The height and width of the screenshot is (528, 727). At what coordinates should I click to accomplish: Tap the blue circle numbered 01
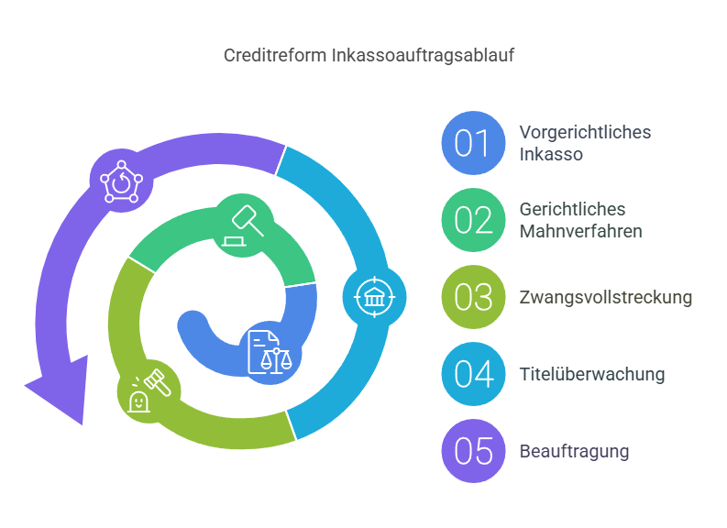pos(473,143)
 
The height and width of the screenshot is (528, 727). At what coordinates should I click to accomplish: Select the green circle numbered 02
pos(473,220)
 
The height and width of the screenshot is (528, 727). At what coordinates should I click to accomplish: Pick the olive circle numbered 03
pos(473,297)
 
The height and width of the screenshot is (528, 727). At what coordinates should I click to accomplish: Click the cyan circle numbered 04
pos(473,374)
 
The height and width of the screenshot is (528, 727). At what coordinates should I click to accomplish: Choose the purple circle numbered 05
pos(473,451)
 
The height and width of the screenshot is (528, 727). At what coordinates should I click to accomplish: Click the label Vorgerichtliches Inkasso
pos(585,143)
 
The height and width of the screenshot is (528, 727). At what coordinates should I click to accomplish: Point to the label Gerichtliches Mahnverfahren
pos(580,220)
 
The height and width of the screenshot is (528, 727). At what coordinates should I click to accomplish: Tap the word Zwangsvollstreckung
pos(605,297)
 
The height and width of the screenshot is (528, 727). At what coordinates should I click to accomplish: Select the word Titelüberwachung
pos(591,374)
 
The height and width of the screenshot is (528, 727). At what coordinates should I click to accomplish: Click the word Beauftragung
pos(574,451)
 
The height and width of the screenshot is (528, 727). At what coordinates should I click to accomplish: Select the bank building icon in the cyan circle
pos(374,297)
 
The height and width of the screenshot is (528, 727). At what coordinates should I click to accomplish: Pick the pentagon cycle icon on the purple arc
pos(120,181)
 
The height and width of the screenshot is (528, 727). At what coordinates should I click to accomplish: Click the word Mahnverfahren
pos(580,231)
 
